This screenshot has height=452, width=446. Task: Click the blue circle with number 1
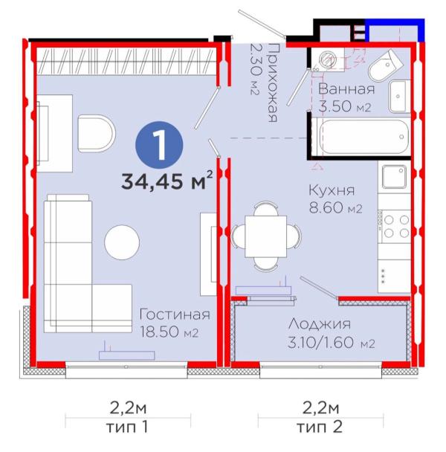pyautogui.click(x=159, y=145)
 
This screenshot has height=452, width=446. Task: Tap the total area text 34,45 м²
pyautogui.click(x=167, y=180)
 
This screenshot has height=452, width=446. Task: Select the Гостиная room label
pyautogui.click(x=175, y=314)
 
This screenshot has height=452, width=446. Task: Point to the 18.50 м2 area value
pyautogui.click(x=169, y=332)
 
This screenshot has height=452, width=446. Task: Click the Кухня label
pyautogui.click(x=332, y=191)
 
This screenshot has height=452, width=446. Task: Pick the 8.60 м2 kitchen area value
pyautogui.click(x=335, y=207)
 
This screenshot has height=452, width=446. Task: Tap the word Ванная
pyautogui.click(x=346, y=89)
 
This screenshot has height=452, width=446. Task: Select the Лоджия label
pyautogui.click(x=320, y=325)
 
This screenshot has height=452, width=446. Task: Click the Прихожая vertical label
pyautogui.click(x=273, y=83)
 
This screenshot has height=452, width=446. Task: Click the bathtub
pyautogui.click(x=364, y=138)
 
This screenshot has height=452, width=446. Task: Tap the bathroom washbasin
pyautogui.click(x=398, y=97)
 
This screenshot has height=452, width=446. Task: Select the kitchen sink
pyautogui.click(x=394, y=176)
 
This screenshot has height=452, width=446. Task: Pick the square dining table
pyautogui.click(x=265, y=236)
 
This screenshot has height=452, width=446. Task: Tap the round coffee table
pyautogui.click(x=122, y=242)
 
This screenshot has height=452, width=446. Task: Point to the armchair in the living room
pyautogui.click(x=97, y=134)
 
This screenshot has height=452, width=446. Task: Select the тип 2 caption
pyautogui.click(x=320, y=427)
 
